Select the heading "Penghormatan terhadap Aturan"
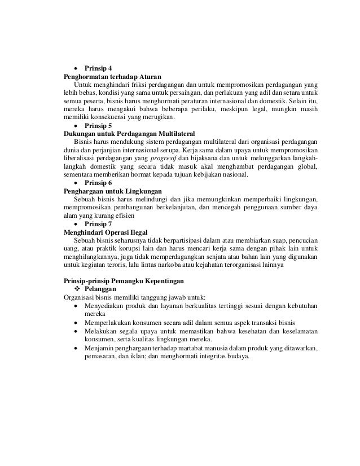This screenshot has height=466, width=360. tap(112, 76)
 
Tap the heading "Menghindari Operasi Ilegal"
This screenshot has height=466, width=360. tap(107, 232)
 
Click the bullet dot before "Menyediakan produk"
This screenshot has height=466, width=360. tap(76, 306)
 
